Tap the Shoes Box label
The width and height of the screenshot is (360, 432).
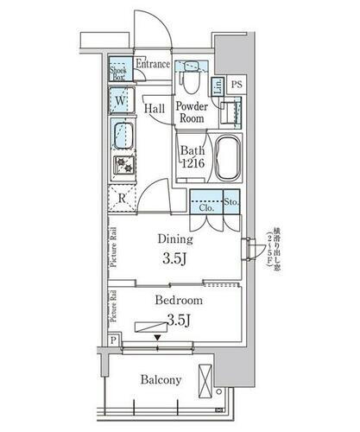119,73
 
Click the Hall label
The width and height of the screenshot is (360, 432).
155,109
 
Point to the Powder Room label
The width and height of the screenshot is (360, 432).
193,111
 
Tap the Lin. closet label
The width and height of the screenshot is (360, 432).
218,85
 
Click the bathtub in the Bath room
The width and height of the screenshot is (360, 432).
226,156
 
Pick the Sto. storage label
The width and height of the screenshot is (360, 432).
231,202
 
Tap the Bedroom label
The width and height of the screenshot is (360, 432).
179,301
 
